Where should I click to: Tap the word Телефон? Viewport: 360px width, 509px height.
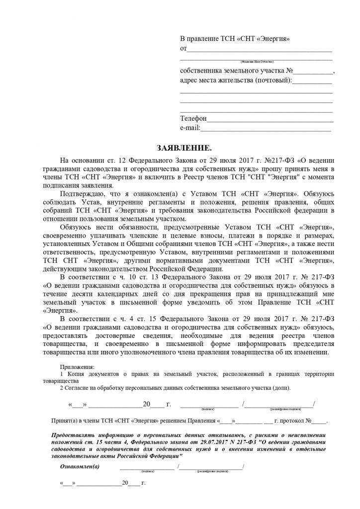pos(192,119)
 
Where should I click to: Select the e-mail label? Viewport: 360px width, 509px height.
pos(189,128)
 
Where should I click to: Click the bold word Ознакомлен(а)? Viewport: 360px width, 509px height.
pos(80,466)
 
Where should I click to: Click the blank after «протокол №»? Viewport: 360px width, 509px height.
pos(320,422)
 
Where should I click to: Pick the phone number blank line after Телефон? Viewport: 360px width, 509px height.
pos(270,120)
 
